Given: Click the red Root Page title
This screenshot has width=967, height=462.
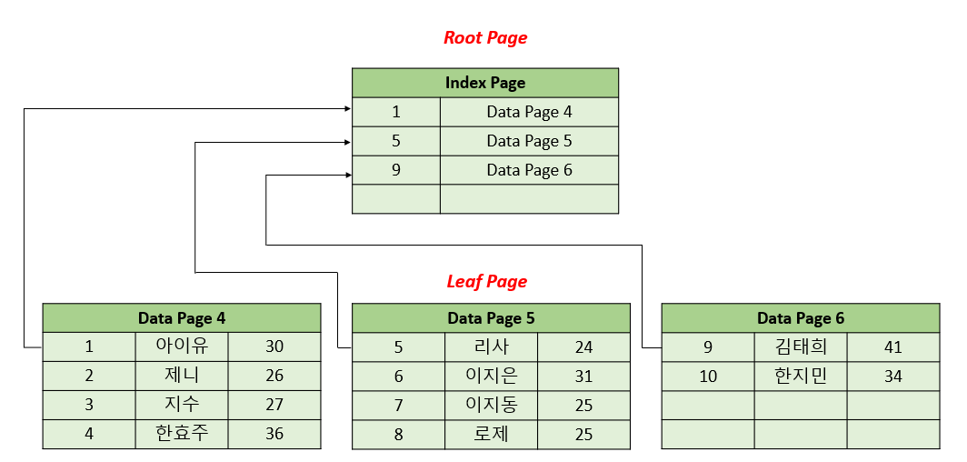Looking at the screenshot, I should [485, 38].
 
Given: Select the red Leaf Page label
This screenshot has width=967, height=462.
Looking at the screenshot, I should [487, 281].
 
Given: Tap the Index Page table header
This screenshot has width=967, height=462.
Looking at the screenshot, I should [485, 83].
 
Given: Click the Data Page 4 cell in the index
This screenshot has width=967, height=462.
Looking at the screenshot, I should [529, 112].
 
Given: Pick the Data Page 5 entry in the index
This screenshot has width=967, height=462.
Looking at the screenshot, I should [529, 141].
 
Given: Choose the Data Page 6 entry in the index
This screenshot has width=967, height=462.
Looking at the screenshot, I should [529, 170].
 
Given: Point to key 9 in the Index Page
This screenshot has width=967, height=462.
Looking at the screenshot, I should [396, 170].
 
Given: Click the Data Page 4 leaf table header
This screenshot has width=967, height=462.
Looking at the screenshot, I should [182, 318].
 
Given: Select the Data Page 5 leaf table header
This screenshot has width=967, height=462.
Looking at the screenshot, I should [491, 318].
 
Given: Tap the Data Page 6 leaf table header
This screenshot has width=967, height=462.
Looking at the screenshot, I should [801, 318].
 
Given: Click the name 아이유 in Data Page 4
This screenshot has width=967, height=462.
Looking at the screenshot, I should [182, 346].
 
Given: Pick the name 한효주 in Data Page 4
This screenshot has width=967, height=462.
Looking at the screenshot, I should [182, 434].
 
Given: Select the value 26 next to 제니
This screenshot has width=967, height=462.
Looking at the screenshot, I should [274, 376].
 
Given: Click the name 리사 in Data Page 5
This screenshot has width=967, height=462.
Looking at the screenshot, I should [492, 346].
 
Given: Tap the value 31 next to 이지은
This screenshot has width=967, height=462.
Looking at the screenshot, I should [583, 376].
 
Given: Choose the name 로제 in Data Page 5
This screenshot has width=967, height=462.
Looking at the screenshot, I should [492, 434].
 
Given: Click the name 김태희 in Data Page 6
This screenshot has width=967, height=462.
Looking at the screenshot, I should [801, 346].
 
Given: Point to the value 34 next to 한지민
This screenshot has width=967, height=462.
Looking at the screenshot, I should [893, 376].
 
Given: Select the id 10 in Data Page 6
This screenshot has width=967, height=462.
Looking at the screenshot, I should [708, 376].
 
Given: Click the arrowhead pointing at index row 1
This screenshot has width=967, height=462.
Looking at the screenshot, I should [347, 109].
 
